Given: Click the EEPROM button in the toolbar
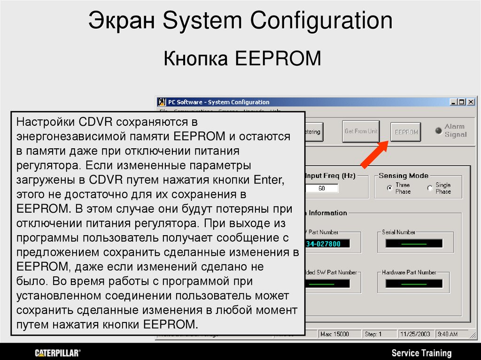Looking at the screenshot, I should point(406,132).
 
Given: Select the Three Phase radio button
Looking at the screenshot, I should point(389,188).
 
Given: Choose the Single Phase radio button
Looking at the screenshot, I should point(430,188).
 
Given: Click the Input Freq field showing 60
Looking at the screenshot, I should point(321,188).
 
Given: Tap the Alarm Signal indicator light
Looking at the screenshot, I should point(438,130).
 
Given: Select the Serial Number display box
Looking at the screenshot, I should point(414,244).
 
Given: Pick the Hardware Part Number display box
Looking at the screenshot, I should point(414,283).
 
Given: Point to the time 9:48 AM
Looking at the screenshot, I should point(447,334).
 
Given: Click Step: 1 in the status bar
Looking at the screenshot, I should point(373,334).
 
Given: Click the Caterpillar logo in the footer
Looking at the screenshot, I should point(58,352).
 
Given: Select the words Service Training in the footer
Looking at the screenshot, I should point(421,352).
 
